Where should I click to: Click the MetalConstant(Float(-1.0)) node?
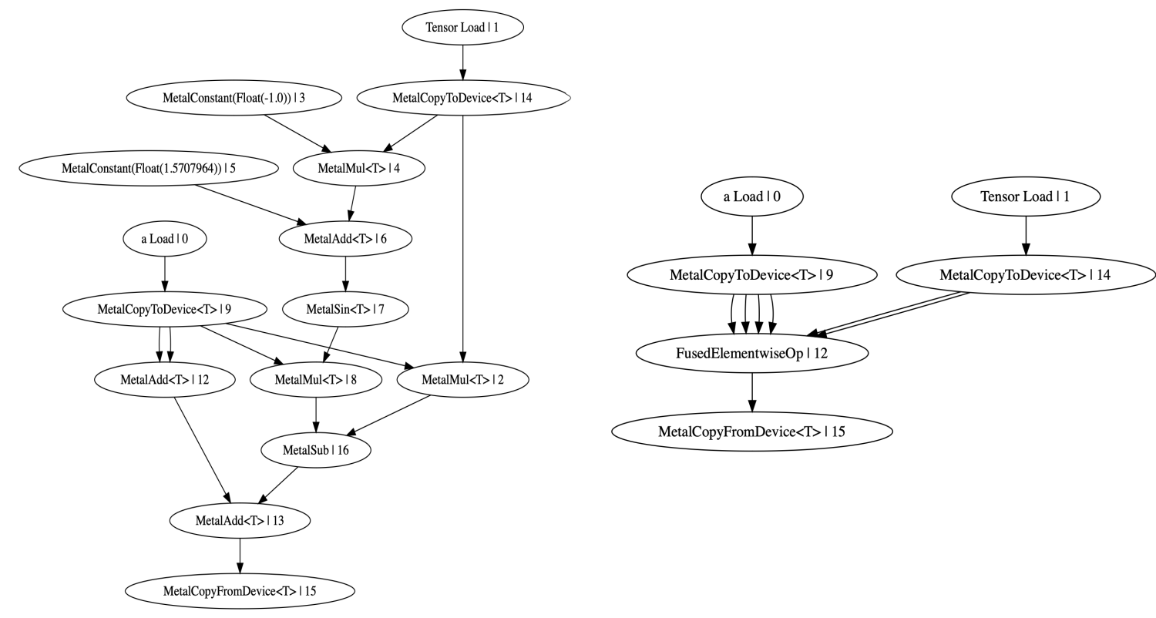coord(234,98)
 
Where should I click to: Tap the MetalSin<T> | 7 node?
coord(345,310)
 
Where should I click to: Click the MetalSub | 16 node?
coord(316,450)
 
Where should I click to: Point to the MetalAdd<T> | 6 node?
coord(345,239)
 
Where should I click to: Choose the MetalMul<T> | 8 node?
coord(316,380)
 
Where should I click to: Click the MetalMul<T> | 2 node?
coord(463,380)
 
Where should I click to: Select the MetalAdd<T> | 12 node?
coord(165,380)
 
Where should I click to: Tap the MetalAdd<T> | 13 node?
coord(240,521)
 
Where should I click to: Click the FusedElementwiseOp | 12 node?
coord(752,353)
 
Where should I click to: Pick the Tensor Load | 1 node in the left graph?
coord(462,28)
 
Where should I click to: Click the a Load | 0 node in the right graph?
coord(752,196)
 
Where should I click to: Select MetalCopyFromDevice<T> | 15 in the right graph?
coord(752,432)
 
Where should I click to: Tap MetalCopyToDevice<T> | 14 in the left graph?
coord(462,98)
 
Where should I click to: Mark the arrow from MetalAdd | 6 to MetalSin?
coord(345,274)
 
